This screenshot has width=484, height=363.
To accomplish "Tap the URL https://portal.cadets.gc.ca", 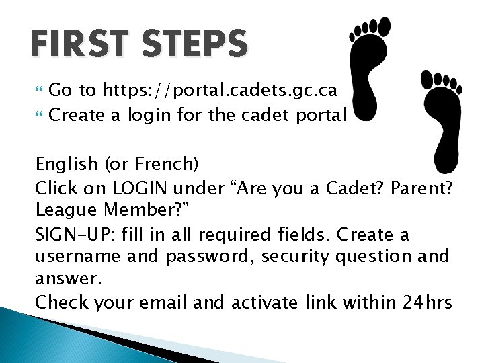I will tap(220, 90).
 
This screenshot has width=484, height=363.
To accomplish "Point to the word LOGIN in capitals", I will tap(140, 187).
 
